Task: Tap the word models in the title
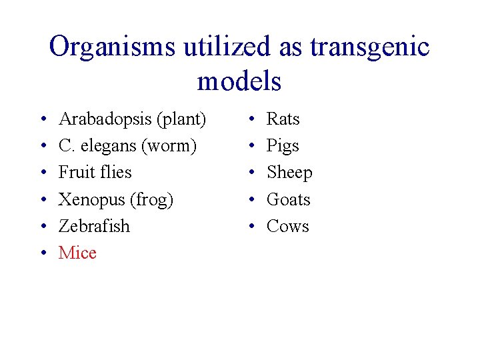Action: coord(239,81)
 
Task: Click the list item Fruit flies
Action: coord(95,172)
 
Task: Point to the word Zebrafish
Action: coord(94,226)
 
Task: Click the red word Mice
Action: coord(77,253)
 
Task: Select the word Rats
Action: coord(283,119)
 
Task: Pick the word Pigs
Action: coord(283,146)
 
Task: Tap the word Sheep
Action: coord(289,173)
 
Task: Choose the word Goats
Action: coord(289,199)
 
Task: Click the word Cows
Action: coord(288,226)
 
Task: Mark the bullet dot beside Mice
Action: coord(43,253)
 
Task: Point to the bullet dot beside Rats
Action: coord(251,120)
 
